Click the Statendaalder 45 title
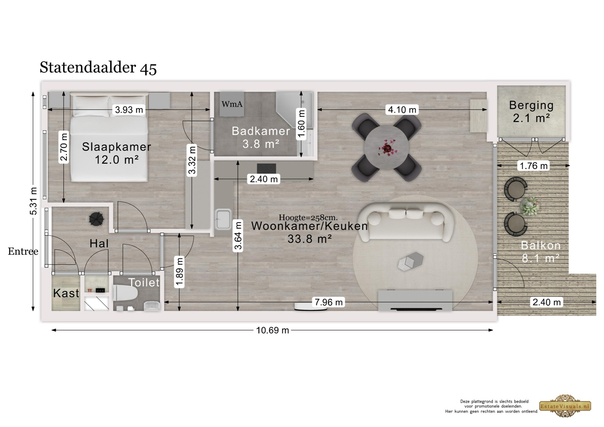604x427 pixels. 98,68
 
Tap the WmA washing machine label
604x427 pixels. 232,104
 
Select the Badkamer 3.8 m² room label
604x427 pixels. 261,137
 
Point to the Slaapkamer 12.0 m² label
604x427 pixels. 117,153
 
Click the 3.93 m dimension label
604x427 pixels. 129,110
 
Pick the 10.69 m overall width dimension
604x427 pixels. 272,330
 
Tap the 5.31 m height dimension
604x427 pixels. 33,201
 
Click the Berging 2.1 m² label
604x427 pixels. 531,112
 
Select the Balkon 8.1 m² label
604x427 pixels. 541,252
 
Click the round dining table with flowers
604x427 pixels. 386,147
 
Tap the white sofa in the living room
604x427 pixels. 406,222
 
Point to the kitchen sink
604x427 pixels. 223,219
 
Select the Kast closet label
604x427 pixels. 66,293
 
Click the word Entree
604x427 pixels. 23,251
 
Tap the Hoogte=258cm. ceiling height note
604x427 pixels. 308,217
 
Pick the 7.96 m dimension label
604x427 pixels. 329,302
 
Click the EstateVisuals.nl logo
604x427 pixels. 565,406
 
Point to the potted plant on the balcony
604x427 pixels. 530,206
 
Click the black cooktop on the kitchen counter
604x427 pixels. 266,168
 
